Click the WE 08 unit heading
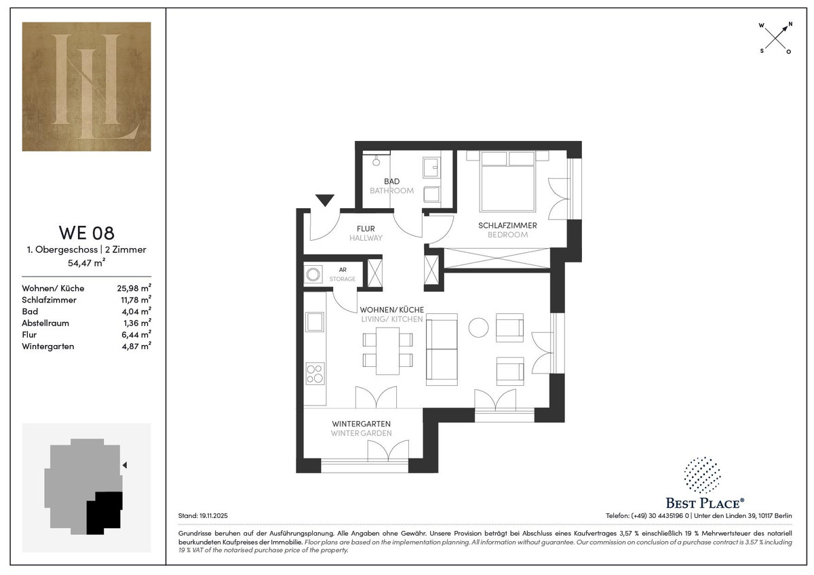(x=87, y=233)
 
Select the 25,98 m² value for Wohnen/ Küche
(x=134, y=288)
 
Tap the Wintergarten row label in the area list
(x=48, y=346)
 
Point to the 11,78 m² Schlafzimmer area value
(x=136, y=300)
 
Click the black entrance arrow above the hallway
(x=324, y=200)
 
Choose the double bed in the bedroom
(x=507, y=181)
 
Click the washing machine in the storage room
(x=313, y=274)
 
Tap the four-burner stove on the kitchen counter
(x=315, y=374)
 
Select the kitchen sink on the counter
(x=315, y=321)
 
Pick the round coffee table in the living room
(x=478, y=328)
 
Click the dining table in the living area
(x=388, y=351)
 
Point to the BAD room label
(x=392, y=181)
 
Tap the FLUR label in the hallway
(x=366, y=229)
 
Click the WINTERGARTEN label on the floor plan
(x=361, y=424)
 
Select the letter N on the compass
(x=790, y=24)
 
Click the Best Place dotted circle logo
(x=703, y=475)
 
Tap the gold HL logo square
(x=87, y=86)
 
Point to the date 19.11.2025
(x=213, y=516)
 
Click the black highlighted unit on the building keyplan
(x=104, y=513)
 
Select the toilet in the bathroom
(x=431, y=195)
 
